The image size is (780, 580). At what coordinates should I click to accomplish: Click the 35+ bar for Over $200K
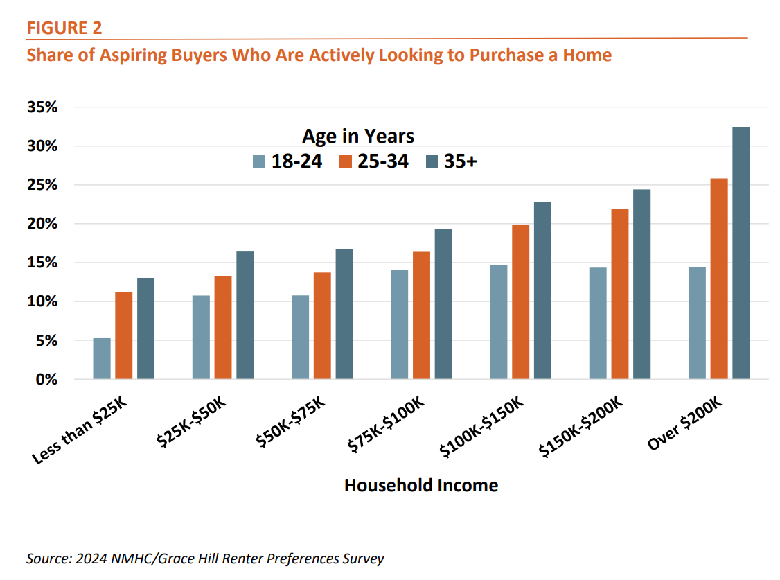[x=741, y=253]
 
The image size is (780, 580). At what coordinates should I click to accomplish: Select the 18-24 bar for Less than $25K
[x=102, y=358]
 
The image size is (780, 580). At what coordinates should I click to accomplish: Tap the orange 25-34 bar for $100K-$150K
[x=521, y=302]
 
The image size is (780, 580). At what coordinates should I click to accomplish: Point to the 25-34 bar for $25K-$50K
[x=223, y=327]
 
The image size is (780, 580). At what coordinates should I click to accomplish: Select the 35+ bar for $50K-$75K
[x=344, y=314]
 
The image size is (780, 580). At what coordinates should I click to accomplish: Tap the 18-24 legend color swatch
[x=260, y=161]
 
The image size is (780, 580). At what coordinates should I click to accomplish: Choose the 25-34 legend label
[x=383, y=161]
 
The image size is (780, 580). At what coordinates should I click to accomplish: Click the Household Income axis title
[x=420, y=485]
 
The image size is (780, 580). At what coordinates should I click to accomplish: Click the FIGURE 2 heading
[x=64, y=28]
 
